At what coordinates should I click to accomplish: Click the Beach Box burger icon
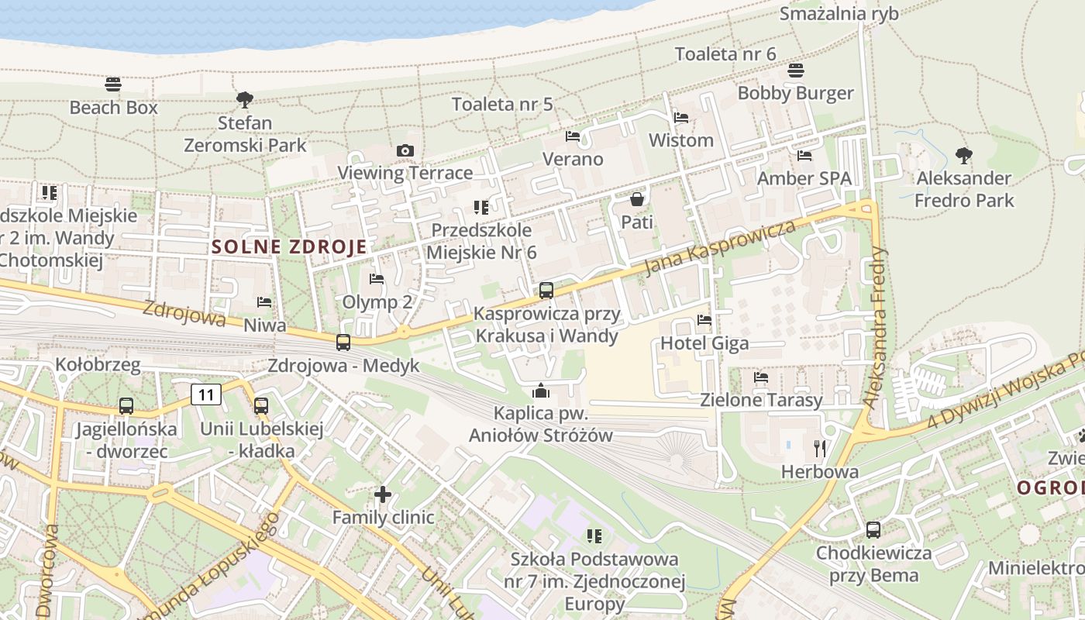(113, 84)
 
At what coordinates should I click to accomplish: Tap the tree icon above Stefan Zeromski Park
(245, 99)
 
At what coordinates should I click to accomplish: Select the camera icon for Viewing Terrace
(405, 150)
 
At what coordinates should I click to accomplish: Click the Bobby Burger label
(795, 94)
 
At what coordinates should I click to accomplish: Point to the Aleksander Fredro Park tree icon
(963, 156)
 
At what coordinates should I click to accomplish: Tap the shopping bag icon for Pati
(637, 199)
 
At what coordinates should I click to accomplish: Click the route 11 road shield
(206, 394)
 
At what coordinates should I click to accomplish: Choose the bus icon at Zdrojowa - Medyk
(343, 342)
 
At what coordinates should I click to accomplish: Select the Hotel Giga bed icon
(704, 319)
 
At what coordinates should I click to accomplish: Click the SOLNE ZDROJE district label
(289, 247)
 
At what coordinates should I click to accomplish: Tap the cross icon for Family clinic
(382, 494)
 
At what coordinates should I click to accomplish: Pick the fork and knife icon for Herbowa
(820, 448)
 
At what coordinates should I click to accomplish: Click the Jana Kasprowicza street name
(720, 247)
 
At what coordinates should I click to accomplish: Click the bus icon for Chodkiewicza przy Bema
(873, 530)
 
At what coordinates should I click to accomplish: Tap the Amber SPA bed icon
(804, 156)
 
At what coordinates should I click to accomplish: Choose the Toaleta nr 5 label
(502, 104)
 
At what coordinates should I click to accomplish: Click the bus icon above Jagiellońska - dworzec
(126, 405)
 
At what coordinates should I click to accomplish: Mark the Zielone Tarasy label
(761, 401)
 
